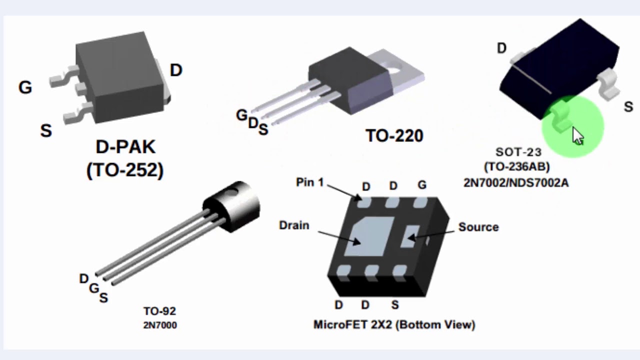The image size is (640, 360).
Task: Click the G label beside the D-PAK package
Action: pos(25,87)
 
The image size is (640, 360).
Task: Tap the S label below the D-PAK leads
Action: pos(46,131)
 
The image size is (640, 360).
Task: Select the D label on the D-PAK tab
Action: pos(176,70)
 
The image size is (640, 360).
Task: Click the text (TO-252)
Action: pos(125,170)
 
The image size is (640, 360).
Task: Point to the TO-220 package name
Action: pos(394,135)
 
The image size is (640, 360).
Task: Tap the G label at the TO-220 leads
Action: pos(241,115)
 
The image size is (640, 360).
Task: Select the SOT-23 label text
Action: pos(518,152)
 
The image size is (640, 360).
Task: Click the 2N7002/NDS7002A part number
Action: pos(515,182)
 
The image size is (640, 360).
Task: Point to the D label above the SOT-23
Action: pos(501,48)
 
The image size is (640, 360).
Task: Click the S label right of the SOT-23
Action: pos(628,106)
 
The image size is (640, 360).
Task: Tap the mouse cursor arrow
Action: pos(577,135)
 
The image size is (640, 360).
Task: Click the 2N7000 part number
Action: pos(159,325)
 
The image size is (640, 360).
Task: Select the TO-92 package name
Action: pos(159,311)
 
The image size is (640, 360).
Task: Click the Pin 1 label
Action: pos(309,182)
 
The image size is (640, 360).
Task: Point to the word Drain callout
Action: pos(294,225)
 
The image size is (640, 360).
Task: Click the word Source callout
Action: pos(478,227)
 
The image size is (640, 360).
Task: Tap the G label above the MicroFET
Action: pos(422,185)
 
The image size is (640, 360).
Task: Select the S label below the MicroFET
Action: pos(395,305)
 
